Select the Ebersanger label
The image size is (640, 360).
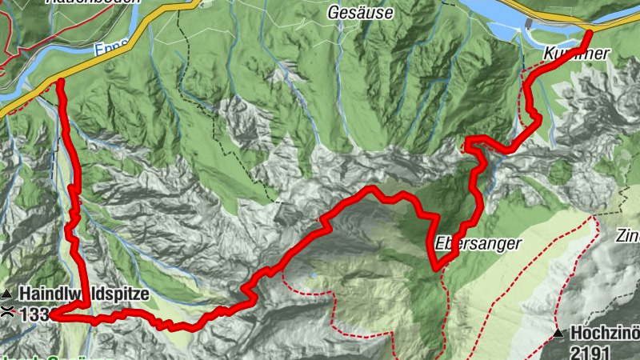(x=479, y=242)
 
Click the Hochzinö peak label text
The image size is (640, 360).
(x=604, y=333)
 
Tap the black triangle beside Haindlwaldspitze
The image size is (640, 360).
(x=6, y=294)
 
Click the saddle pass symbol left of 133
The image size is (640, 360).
(x=6, y=312)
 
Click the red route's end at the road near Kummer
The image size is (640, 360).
(x=589, y=32)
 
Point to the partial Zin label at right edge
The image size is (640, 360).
(x=627, y=237)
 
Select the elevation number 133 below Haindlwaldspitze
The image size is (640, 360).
(x=34, y=313)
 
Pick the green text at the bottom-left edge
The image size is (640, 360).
(x=32, y=357)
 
